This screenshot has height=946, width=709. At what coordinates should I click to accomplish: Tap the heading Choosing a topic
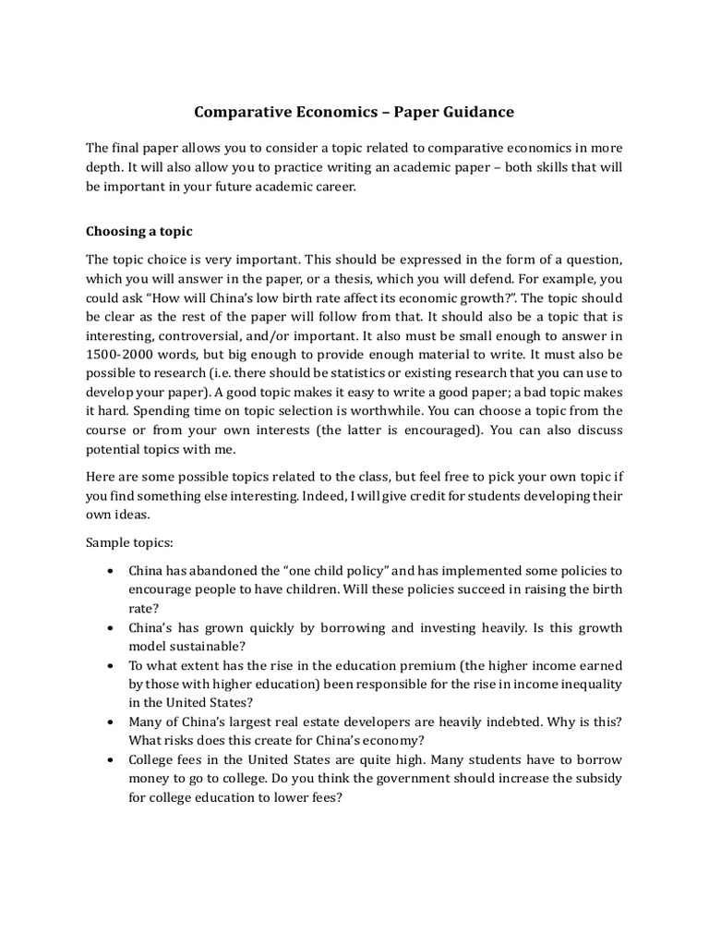139,231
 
